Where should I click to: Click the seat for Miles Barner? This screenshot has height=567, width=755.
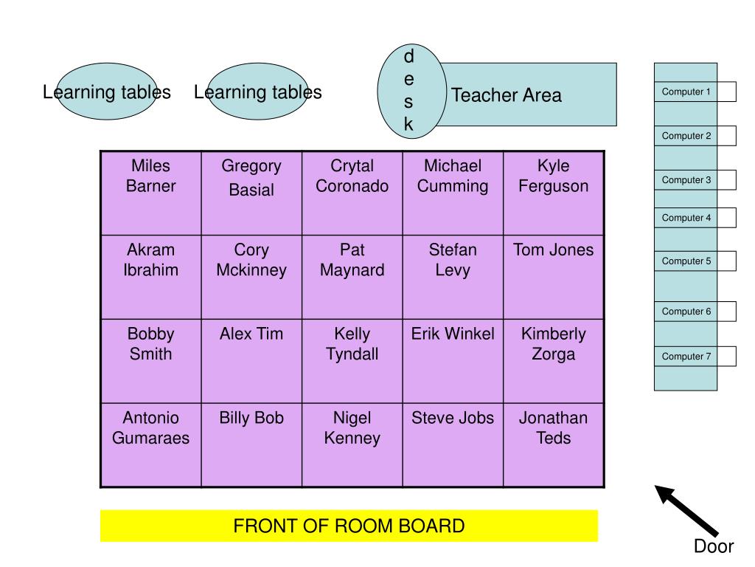(151, 193)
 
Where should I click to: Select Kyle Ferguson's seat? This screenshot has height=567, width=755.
(554, 193)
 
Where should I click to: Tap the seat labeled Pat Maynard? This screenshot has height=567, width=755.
(352, 277)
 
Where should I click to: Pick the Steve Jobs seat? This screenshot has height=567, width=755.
(453, 444)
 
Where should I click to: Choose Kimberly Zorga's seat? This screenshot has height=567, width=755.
(554, 360)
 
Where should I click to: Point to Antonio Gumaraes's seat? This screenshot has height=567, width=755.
(151, 444)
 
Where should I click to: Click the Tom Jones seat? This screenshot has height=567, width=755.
(554, 277)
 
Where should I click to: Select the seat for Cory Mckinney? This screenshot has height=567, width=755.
(251, 277)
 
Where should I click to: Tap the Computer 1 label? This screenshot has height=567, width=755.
(686, 92)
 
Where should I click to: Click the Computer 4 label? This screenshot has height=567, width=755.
(686, 218)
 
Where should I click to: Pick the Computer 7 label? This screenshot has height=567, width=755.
(686, 357)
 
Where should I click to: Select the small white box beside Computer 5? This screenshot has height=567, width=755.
(726, 261)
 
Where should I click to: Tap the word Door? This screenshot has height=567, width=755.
(714, 547)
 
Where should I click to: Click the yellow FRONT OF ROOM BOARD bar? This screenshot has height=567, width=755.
(349, 526)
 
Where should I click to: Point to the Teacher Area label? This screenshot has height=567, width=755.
(507, 95)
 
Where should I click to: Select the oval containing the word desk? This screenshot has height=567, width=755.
(410, 92)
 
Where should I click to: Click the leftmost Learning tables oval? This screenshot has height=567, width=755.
(107, 92)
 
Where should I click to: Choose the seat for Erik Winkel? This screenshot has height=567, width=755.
(453, 360)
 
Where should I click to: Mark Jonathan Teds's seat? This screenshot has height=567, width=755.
(554, 444)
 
